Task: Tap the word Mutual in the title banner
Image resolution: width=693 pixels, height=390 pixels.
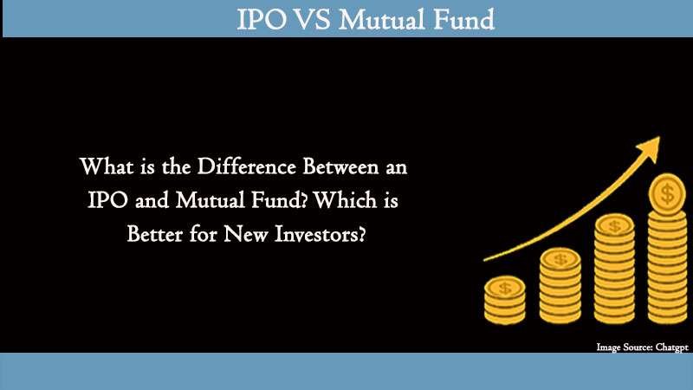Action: [379, 19]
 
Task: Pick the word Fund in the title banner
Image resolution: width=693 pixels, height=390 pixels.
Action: [462, 19]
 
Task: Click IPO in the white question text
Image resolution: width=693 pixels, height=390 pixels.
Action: [111, 198]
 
